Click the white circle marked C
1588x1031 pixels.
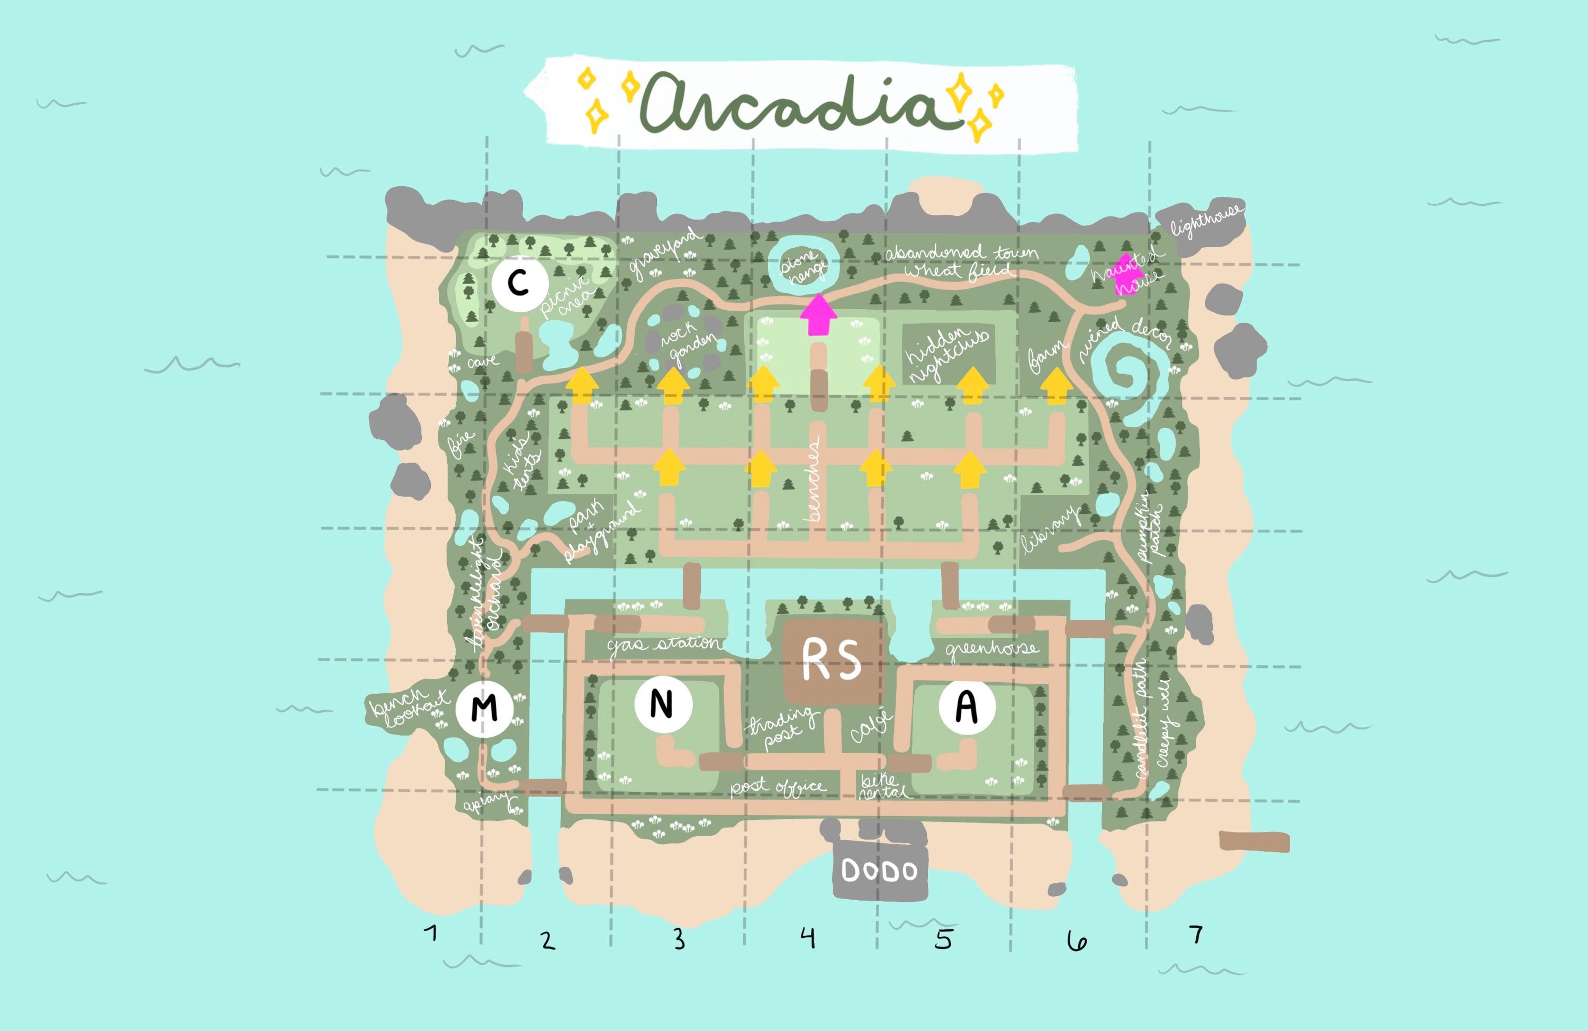[x=519, y=283]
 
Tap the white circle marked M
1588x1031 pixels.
[x=484, y=708]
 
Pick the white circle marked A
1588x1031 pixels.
[x=967, y=706]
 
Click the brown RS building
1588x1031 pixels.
[x=832, y=661]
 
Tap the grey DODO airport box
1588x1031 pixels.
[x=879, y=870]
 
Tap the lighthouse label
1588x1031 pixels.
[x=1206, y=220]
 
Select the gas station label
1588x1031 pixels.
[x=664, y=644]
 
